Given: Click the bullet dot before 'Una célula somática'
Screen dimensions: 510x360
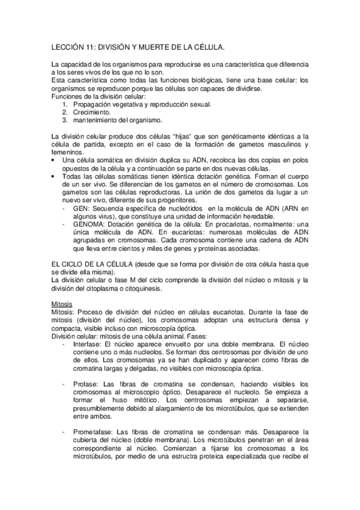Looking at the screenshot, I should (54, 161).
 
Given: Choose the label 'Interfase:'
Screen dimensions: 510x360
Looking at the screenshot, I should (89, 344).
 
